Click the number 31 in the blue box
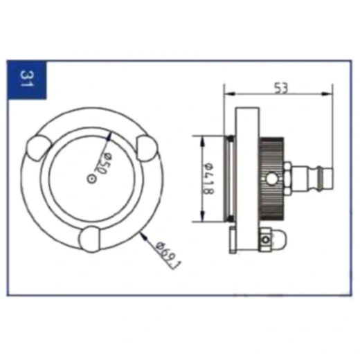pyautogui.click(x=27, y=78)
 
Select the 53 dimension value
pyautogui.click(x=281, y=88)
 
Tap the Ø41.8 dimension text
pyautogui.click(x=209, y=178)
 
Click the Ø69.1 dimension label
pyautogui.click(x=168, y=254)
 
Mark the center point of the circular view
pyautogui.click(x=91, y=179)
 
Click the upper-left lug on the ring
pyautogui.click(x=38, y=147)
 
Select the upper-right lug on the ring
pyautogui.click(x=146, y=148)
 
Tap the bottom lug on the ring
pyautogui.click(x=90, y=239)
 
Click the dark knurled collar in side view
pyautogui.click(x=271, y=179)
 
